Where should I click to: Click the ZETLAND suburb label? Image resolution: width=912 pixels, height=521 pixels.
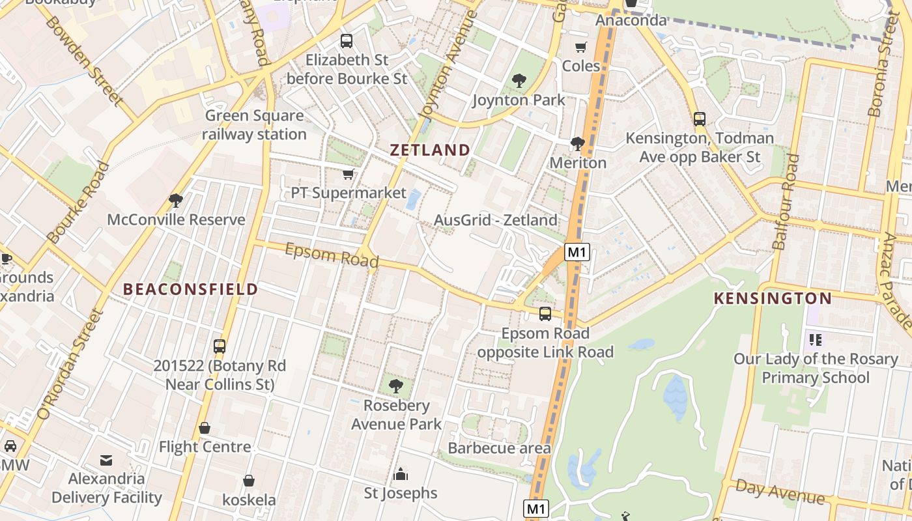tap(430, 150)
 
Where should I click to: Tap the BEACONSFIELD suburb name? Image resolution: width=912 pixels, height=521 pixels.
tap(190, 289)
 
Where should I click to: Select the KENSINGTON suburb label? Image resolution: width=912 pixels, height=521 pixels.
tap(773, 299)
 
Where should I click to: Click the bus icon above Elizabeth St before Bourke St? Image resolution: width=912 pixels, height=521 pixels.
tap(347, 41)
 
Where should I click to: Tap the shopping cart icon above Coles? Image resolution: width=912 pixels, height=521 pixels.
tap(580, 48)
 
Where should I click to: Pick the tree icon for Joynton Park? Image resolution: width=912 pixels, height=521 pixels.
tap(519, 81)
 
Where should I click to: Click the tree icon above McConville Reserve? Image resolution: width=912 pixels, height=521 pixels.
tap(176, 201)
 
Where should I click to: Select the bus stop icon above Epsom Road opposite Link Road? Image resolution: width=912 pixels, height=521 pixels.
tap(545, 314)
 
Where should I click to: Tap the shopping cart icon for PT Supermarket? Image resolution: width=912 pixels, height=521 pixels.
tap(349, 174)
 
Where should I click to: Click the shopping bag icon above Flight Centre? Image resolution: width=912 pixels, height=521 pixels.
tap(205, 428)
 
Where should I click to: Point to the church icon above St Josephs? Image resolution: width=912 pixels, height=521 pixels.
tap(401, 473)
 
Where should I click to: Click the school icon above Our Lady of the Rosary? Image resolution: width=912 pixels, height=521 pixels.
tap(815, 339)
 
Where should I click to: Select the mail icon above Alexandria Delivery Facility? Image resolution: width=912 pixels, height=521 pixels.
tap(106, 460)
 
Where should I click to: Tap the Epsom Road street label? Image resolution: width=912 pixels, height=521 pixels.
tap(332, 255)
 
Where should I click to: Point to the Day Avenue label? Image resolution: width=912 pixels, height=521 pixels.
tap(780, 492)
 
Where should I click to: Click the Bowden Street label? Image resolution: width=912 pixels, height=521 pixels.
tap(84, 61)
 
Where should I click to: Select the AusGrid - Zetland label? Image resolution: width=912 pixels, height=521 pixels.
tap(496, 220)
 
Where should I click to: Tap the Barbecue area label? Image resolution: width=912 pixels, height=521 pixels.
tap(499, 448)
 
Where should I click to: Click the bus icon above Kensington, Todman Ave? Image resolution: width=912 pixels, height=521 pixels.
tap(700, 119)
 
